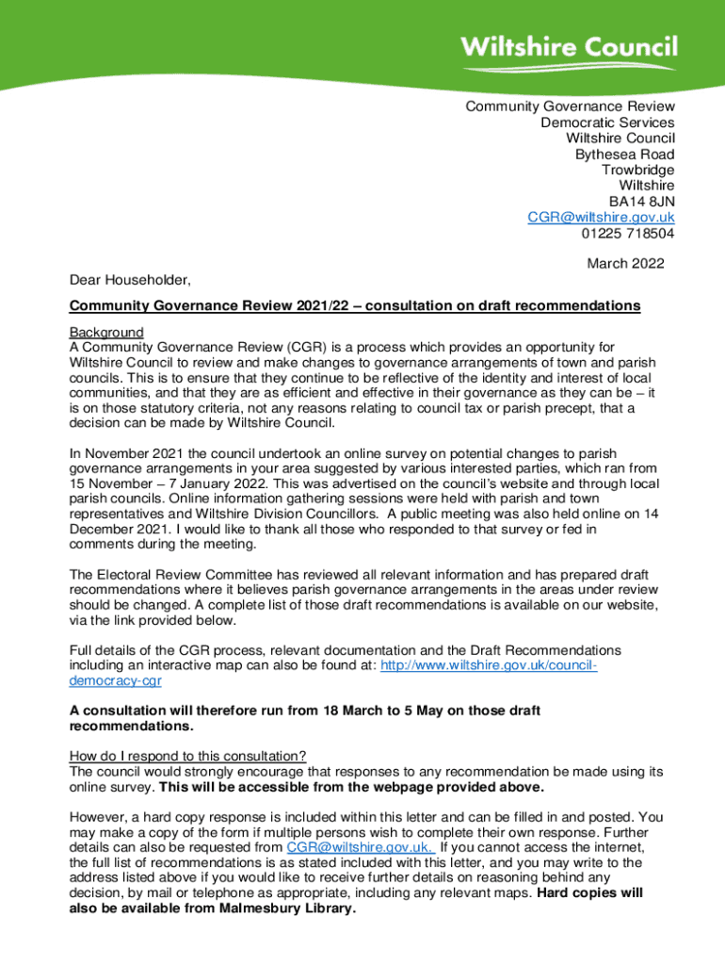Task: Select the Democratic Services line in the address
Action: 607,123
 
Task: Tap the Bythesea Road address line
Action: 624,155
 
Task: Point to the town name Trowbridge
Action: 638,171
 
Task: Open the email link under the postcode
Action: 601,218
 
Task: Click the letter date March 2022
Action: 625,264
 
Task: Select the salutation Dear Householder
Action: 130,280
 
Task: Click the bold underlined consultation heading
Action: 355,306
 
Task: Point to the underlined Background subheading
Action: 106,333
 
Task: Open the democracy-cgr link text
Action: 116,680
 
